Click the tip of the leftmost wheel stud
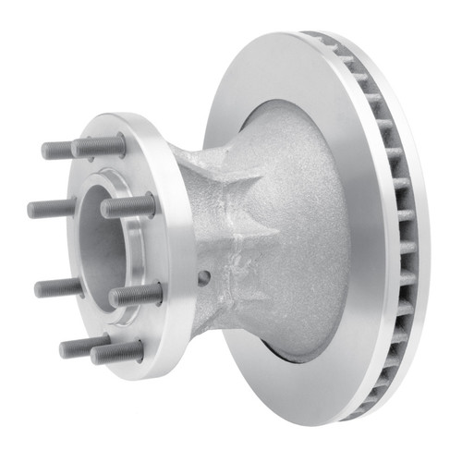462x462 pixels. tap(31, 209)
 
